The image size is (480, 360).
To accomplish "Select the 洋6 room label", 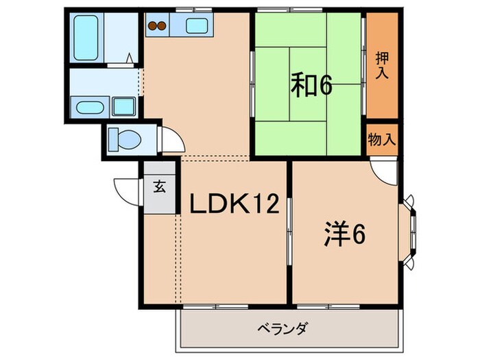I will (x=344, y=235).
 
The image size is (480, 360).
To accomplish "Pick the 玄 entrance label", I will (x=159, y=186).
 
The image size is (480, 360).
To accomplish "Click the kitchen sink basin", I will (x=197, y=27).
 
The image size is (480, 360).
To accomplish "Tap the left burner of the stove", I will (x=154, y=27).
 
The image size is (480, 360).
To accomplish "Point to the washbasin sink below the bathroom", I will (x=89, y=107).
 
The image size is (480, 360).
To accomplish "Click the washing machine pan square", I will (x=123, y=107).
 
